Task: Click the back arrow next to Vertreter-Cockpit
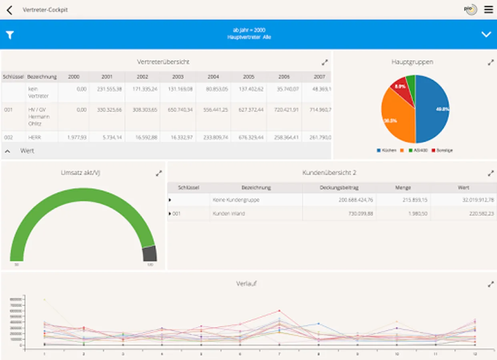point(10,10)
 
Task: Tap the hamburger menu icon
point(489,10)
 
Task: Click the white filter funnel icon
point(10,35)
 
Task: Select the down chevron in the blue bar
point(486,34)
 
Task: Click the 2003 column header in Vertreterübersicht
point(178,77)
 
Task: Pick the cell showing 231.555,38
point(109,89)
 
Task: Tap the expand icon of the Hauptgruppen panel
point(491,62)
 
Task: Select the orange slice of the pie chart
point(396,116)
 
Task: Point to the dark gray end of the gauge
point(150,254)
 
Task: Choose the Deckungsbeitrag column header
point(339,188)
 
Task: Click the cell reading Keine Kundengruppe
point(236,200)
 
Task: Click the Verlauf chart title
point(246,284)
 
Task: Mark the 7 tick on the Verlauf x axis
point(279,354)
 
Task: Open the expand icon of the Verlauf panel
point(491,284)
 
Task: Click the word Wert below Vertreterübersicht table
point(27,151)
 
